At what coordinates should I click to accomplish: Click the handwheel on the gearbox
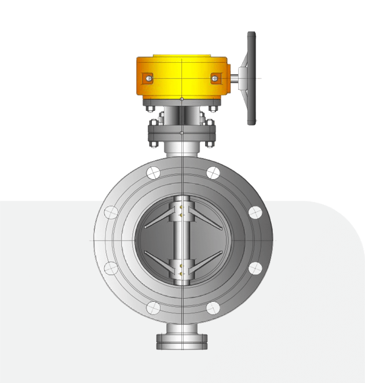[251, 78]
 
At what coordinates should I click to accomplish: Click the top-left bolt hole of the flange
[153, 172]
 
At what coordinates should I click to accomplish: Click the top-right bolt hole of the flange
[213, 172]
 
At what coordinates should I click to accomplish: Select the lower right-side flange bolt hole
[255, 268]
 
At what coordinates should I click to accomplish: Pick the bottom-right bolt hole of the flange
[213, 308]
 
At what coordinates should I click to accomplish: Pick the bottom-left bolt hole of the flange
[153, 308]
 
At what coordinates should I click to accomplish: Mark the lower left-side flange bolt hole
[110, 268]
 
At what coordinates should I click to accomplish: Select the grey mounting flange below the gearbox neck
[182, 139]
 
